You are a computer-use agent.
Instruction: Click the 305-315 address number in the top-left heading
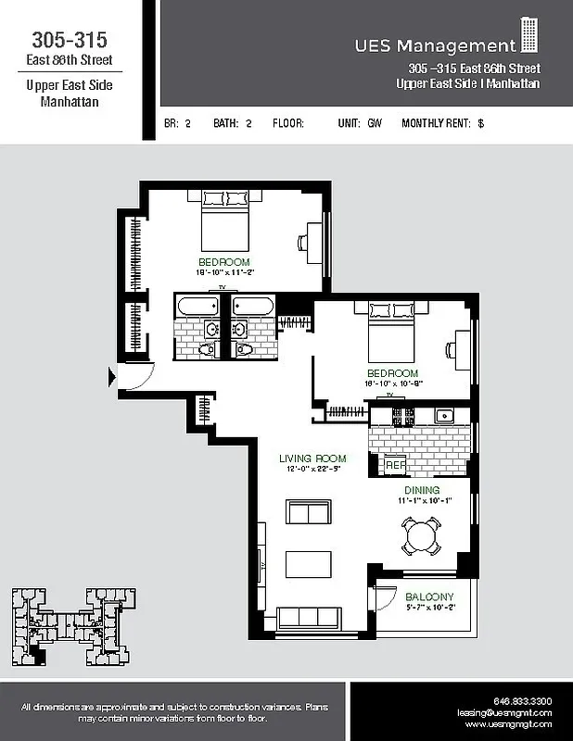70,40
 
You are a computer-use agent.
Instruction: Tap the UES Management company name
434,45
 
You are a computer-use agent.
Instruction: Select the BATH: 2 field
233,122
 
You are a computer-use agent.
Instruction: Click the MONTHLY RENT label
437,122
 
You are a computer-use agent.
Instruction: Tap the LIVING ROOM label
312,458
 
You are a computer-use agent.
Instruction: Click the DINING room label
421,490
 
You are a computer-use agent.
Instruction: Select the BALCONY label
429,597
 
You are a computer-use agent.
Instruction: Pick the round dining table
421,535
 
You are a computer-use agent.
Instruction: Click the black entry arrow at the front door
113,376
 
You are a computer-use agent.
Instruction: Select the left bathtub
196,306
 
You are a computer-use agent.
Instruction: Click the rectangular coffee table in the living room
308,563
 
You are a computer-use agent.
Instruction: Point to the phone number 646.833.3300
522,701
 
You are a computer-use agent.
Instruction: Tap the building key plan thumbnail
70,627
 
